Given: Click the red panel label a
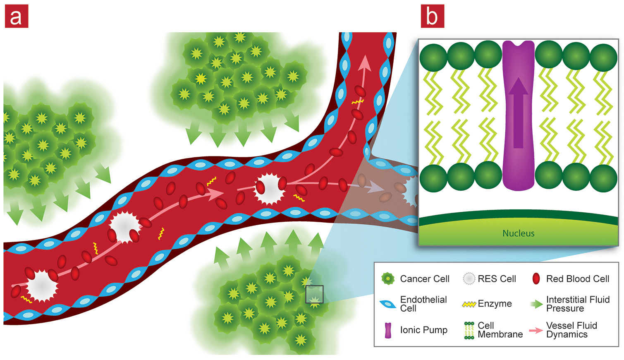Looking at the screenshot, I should point(16,17).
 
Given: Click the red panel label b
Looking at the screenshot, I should point(432,17).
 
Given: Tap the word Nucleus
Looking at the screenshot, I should point(518,233).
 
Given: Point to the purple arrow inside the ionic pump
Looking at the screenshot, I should point(518,112).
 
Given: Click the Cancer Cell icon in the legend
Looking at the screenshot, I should point(388,279).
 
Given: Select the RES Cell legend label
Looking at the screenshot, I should point(497,279).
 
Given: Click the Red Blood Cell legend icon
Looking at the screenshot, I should point(536,279).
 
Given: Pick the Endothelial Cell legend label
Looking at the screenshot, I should point(423,304).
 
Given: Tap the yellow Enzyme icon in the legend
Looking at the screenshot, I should point(469,304).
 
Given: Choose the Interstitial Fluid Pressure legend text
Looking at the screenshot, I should point(577,304).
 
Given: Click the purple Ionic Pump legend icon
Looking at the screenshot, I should point(388,330).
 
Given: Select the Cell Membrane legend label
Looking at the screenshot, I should point(500,330).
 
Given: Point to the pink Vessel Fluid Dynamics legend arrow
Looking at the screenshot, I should point(536,330).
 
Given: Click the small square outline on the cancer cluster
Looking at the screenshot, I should point(314,294).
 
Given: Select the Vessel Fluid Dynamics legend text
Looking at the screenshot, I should point(571,330).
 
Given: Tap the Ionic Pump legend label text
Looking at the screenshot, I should point(423,330).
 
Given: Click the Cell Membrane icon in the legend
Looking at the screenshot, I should point(469,330).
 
